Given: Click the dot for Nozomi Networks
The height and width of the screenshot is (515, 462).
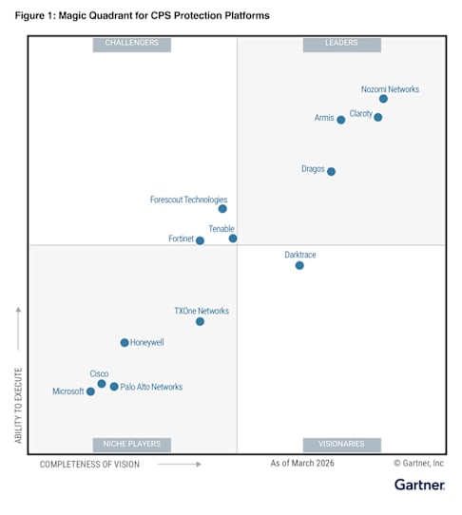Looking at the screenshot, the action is tap(383, 99).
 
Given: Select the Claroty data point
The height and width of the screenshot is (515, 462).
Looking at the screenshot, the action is tap(378, 117).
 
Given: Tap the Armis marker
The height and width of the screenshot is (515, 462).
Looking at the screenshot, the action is tap(341, 120).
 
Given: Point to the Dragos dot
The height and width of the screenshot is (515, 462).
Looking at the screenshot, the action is tap(331, 171).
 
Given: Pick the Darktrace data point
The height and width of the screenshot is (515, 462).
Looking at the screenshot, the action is tap(299, 265).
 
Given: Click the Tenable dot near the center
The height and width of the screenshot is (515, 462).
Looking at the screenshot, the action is tap(233, 238).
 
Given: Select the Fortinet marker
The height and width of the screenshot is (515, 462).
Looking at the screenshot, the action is tap(200, 240).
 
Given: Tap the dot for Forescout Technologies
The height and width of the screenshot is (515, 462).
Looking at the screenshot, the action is tap(222, 208).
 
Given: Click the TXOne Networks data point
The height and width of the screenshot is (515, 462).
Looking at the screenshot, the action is tap(200, 321).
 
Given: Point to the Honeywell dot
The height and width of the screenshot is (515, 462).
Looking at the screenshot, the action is tap(125, 343).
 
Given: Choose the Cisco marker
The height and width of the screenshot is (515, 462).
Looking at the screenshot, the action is tap(102, 384).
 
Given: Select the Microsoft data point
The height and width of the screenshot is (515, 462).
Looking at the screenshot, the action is tap(90, 391).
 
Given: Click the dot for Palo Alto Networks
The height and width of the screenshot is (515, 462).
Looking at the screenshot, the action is tap(114, 387).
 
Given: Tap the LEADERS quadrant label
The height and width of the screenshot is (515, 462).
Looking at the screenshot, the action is tap(341, 45).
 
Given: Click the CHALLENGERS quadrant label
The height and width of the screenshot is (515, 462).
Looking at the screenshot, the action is tap(132, 45).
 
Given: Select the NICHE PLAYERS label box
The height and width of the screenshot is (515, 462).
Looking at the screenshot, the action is tap(132, 445).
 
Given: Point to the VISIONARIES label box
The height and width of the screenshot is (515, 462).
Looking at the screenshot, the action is tap(341, 445).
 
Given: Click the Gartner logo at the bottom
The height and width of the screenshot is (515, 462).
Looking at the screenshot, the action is tap(419, 485).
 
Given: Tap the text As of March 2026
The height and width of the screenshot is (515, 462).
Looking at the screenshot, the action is tap(302, 463).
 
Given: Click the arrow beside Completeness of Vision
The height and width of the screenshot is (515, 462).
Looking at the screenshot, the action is tap(180, 464).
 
